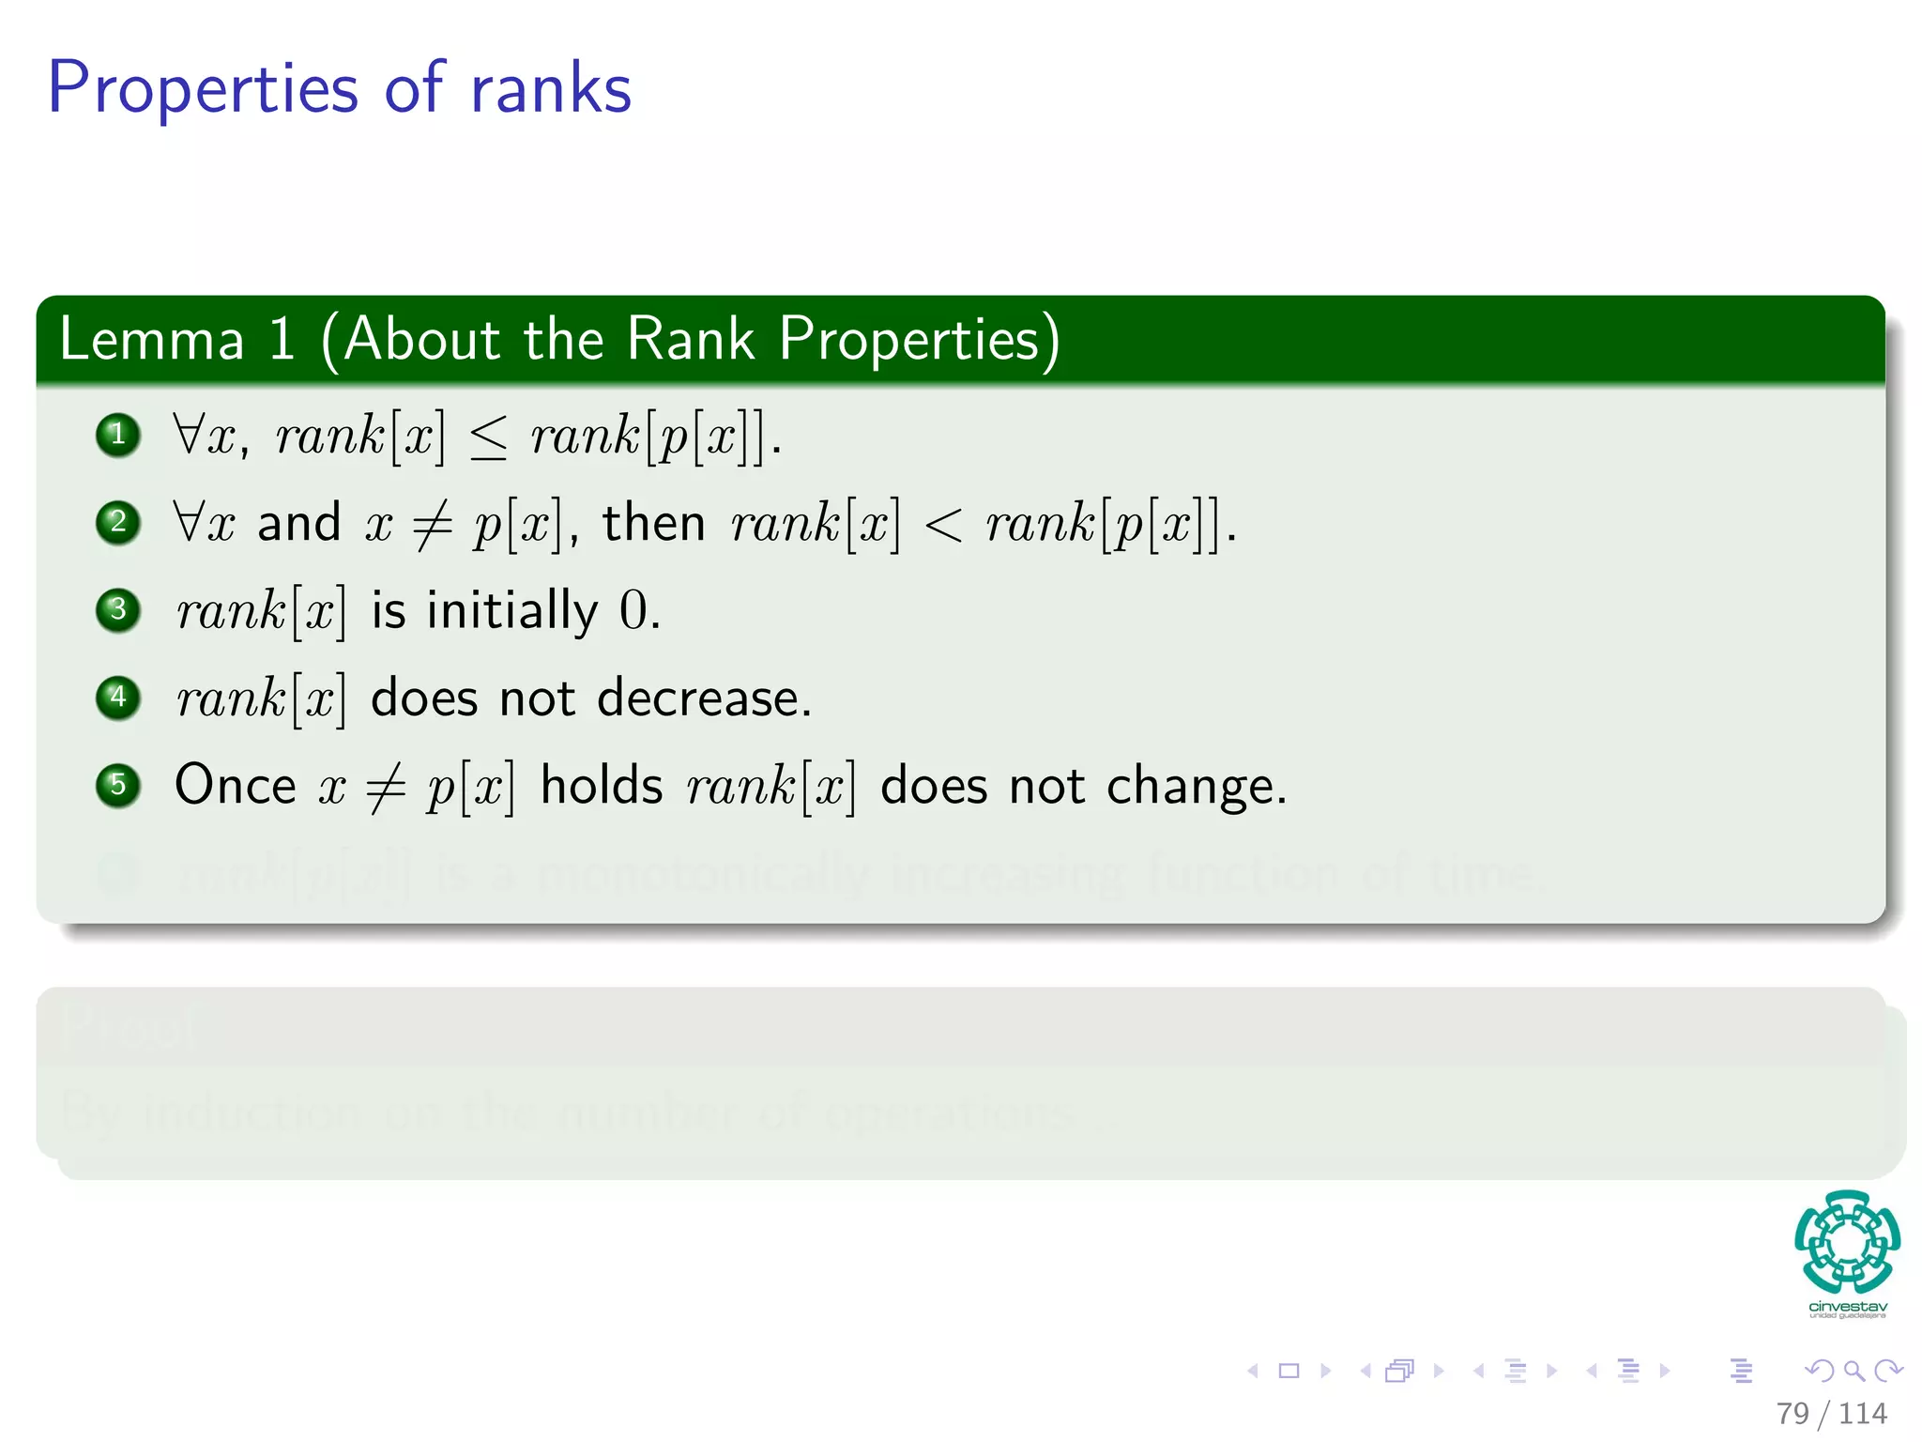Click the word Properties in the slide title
(203, 89)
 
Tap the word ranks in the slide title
(551, 89)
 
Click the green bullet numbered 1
(118, 435)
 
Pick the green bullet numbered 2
(118, 522)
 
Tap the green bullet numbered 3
(118, 610)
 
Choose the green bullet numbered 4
(118, 698)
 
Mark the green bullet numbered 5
(118, 785)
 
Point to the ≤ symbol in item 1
(488, 437)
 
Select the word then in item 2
(653, 523)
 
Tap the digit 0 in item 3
(633, 611)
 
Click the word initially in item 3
(512, 611)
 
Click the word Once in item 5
(236, 785)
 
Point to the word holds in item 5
(602, 785)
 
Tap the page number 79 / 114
(1831, 1413)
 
